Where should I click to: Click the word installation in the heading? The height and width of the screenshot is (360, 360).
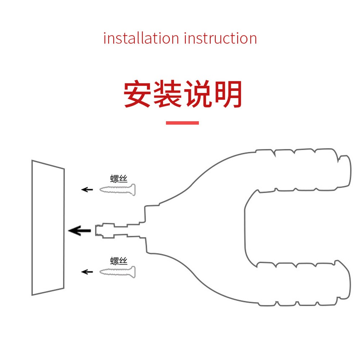pos(141,38)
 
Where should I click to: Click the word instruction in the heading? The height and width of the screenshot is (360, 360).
pos(220,38)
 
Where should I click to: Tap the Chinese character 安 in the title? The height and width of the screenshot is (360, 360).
pos(137,95)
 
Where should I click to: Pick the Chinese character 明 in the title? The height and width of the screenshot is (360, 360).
pos(227,95)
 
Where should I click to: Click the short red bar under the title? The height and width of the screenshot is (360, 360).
pos(182,123)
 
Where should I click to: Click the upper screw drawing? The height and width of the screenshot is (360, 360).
pos(118,189)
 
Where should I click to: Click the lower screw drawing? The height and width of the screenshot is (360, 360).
pos(118,272)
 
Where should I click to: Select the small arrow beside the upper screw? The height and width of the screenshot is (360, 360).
pos(87,189)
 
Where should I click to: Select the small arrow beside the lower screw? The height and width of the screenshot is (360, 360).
pos(87,272)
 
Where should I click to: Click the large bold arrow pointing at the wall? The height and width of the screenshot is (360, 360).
pos(80,230)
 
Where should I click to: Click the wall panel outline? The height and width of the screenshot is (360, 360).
pos(48,228)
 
